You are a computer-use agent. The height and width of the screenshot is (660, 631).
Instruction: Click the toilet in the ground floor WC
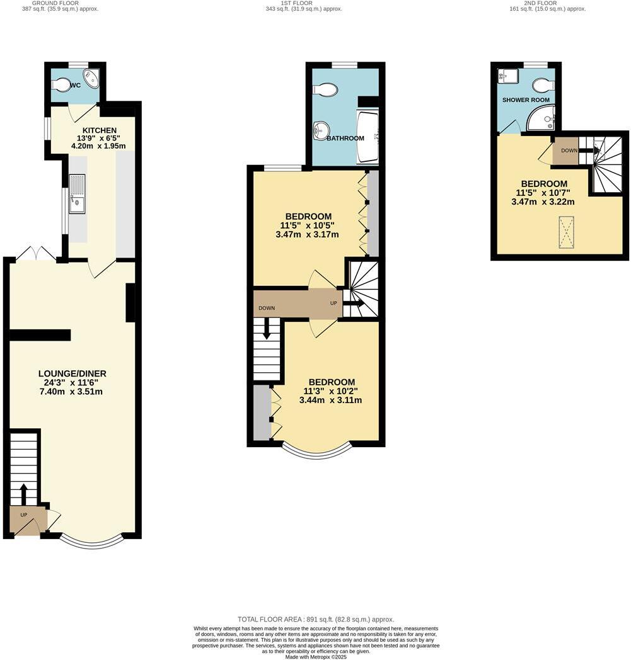(63, 84)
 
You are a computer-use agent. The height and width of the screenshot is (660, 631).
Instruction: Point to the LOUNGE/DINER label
(69, 373)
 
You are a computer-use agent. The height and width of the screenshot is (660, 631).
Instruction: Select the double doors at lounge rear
(36, 254)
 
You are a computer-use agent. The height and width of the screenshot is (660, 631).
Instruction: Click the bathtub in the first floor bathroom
(368, 136)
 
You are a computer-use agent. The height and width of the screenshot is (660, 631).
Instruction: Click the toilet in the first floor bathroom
(325, 91)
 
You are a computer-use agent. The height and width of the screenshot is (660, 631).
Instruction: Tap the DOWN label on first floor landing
(267, 308)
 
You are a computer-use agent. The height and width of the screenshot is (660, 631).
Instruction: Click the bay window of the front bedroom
(316, 449)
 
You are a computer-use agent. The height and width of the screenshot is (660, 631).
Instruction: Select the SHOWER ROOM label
(526, 100)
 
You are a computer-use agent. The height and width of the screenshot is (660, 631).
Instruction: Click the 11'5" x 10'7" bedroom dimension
(543, 193)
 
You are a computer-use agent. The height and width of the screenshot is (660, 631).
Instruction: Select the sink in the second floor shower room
(507, 76)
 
